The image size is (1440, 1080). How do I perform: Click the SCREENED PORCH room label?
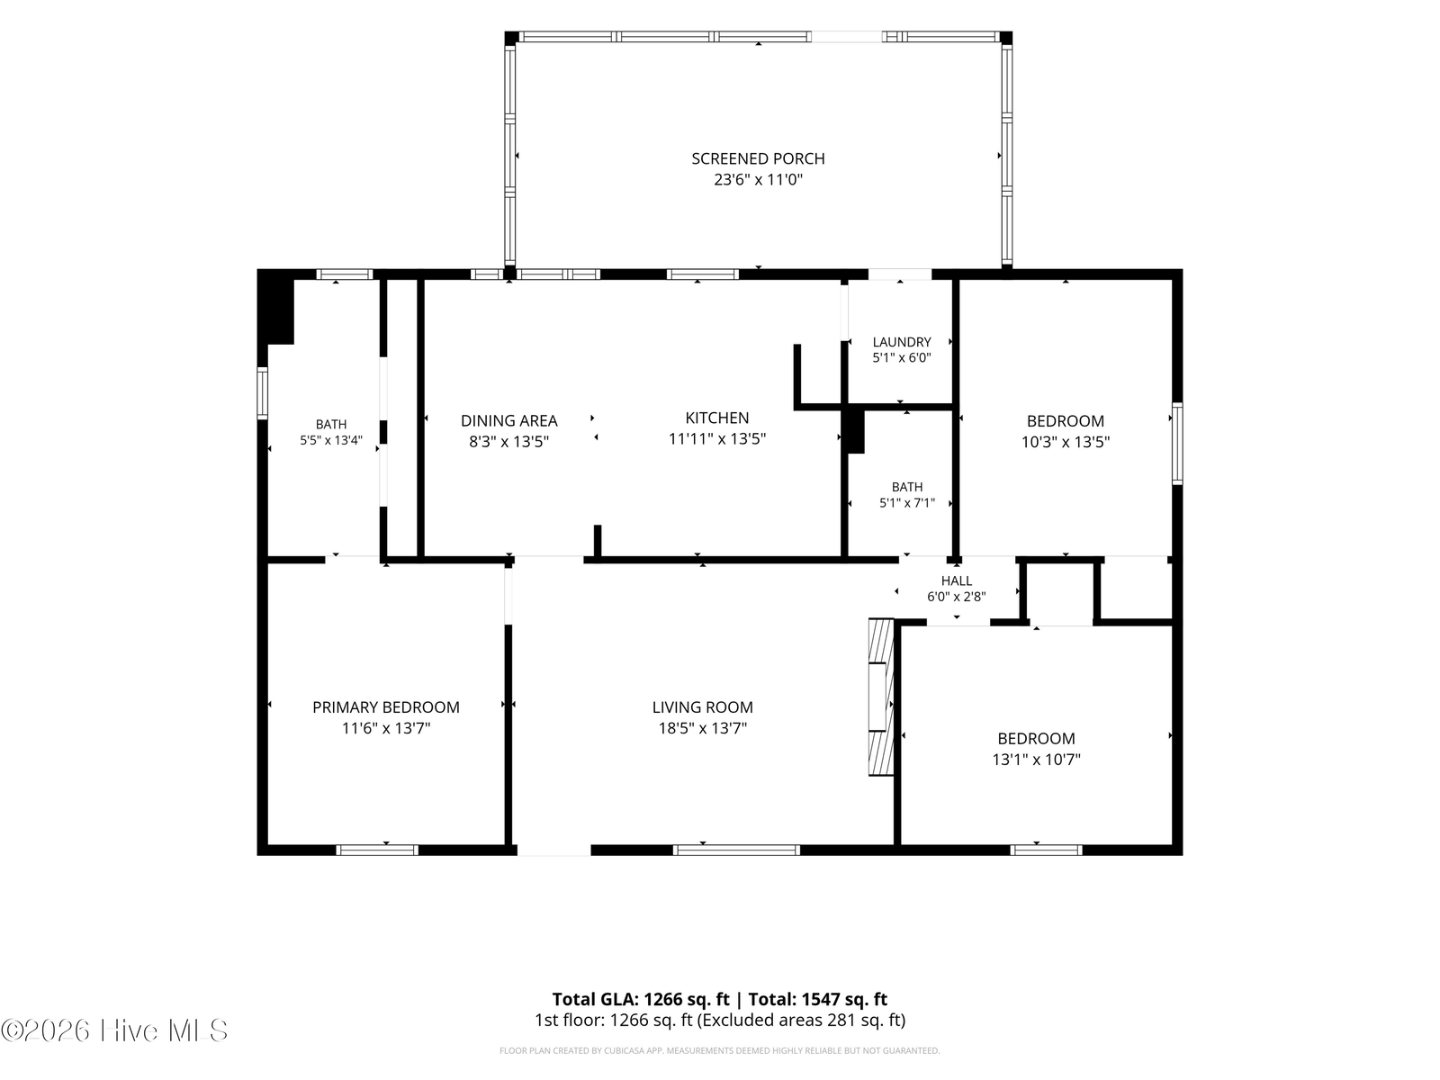click(x=758, y=158)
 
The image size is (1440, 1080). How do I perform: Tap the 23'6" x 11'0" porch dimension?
click(x=758, y=180)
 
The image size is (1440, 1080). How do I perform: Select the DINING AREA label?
click(x=509, y=421)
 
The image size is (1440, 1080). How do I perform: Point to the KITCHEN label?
click(x=717, y=418)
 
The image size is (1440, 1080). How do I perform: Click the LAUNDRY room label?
click(x=902, y=342)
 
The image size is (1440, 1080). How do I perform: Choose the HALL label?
click(x=957, y=580)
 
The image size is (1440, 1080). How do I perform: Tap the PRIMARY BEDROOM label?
click(x=386, y=707)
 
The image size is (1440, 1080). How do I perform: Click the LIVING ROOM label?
click(x=703, y=707)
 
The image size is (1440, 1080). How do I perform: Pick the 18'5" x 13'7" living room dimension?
click(x=703, y=728)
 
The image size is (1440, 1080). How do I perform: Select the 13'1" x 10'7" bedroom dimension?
click(x=1037, y=760)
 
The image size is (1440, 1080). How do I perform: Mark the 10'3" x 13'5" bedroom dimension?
click(x=1066, y=442)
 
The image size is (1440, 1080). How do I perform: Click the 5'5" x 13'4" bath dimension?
click(x=331, y=441)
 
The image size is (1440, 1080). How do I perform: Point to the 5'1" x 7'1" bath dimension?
click(x=907, y=503)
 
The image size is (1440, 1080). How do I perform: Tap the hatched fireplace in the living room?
click(x=881, y=697)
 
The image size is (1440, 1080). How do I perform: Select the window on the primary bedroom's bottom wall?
click(x=377, y=850)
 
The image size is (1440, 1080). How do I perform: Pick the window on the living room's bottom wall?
click(x=737, y=850)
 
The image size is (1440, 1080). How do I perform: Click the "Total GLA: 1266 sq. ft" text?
click(x=640, y=999)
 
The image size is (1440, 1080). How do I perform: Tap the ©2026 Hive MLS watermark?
click(x=114, y=1030)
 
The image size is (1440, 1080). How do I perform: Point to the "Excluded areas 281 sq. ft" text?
click(x=800, y=1021)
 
